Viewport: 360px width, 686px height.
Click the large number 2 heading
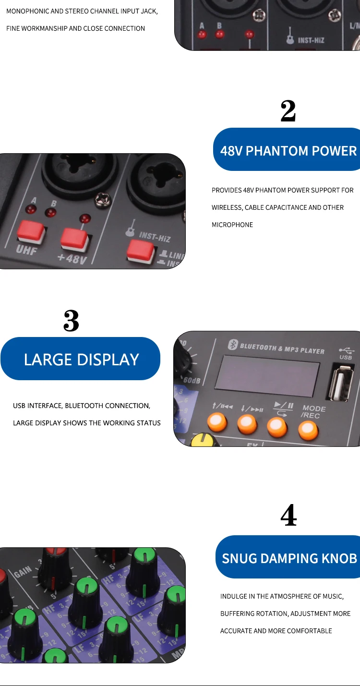(x=288, y=111)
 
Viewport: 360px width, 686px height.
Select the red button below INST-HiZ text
(x=140, y=250)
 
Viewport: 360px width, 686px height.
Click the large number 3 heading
(x=71, y=321)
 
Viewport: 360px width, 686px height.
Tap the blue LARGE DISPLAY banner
(x=81, y=359)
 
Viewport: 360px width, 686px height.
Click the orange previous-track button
(x=217, y=422)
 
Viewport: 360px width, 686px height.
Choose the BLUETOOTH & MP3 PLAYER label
(x=282, y=348)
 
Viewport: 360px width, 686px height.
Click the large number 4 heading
(x=288, y=516)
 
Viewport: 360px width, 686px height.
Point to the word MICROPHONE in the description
(x=232, y=225)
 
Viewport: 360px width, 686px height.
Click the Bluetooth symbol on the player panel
(x=233, y=344)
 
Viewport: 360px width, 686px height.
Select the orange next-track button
(x=247, y=423)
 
